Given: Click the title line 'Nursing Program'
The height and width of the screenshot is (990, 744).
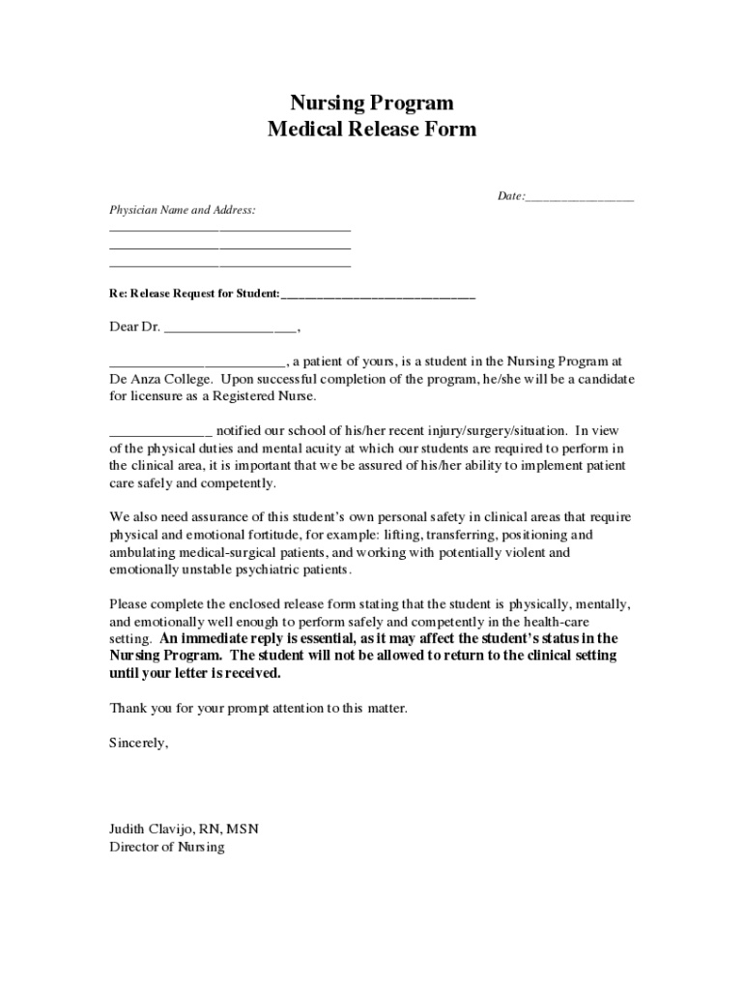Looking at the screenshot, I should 372,103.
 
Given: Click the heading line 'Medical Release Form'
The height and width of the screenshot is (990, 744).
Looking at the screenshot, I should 372,130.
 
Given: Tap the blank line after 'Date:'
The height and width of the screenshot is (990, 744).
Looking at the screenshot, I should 580,197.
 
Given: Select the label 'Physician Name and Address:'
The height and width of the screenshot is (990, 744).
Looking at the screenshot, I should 183,210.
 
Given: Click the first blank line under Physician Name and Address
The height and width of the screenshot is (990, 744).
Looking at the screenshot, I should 230,230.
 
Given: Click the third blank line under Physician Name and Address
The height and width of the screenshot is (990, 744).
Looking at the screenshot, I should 230,265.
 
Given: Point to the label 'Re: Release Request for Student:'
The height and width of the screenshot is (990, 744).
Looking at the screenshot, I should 194,294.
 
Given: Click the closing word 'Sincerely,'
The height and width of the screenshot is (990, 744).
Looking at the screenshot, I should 139,742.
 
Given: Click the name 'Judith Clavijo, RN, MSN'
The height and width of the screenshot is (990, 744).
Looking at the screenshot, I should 184,830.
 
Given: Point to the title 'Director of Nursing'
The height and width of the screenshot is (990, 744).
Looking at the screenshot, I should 166,847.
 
